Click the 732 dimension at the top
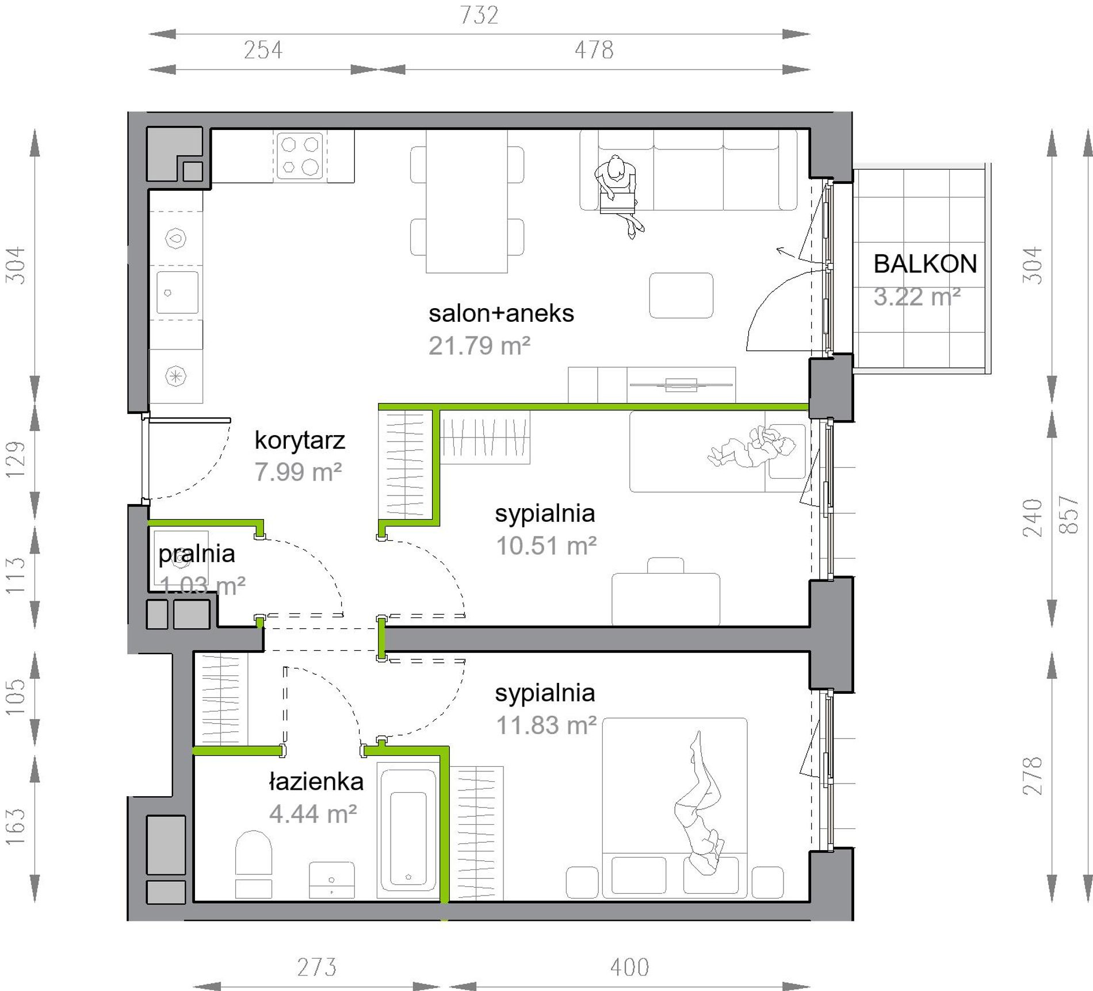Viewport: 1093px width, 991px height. point(479,15)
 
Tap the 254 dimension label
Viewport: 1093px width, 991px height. point(263,50)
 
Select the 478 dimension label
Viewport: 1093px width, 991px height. point(594,50)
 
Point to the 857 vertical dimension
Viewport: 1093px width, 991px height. point(1068,514)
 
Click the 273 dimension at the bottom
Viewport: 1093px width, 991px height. point(316,967)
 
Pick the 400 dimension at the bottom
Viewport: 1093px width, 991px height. point(630,967)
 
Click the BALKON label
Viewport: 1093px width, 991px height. point(926,264)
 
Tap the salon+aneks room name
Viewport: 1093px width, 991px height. point(501,313)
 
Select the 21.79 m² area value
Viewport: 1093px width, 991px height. point(479,345)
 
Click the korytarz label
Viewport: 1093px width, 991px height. point(300,440)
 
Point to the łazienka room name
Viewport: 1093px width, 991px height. point(316,782)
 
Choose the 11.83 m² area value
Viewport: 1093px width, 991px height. point(546,725)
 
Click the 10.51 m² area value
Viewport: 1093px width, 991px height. point(546,546)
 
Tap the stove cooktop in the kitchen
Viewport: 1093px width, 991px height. point(300,155)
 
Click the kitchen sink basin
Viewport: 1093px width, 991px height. point(177,293)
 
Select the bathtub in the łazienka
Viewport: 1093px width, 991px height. point(408,830)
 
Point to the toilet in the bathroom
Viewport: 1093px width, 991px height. point(253,863)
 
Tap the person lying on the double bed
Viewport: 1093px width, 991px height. point(699,805)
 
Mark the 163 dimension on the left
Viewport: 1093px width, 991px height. point(16,827)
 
